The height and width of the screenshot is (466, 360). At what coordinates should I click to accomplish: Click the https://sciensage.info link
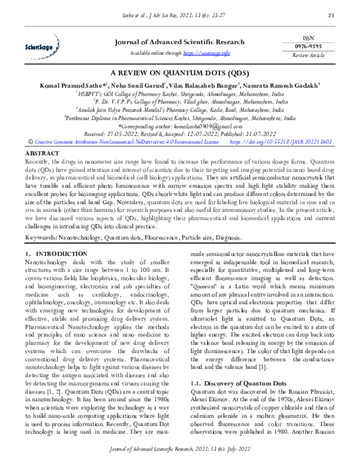[207, 53]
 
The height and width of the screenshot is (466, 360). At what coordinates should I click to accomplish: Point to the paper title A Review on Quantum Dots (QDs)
[179, 70]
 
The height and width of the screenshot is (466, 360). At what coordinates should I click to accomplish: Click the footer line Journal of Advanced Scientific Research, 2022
[179, 455]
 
